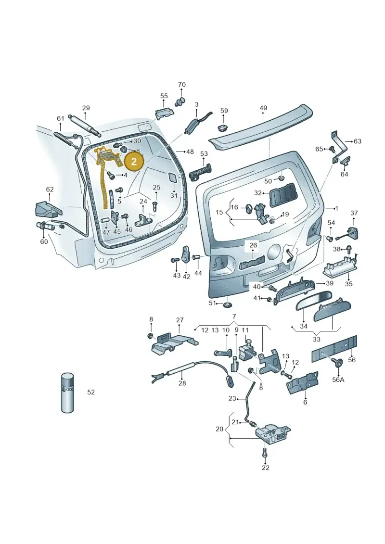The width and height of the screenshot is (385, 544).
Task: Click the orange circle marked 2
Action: click(x=134, y=161)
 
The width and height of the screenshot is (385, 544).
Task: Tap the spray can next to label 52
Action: click(x=68, y=393)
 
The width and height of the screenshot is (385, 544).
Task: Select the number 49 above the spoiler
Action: click(x=263, y=108)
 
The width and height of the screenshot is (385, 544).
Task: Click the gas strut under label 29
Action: click(x=85, y=125)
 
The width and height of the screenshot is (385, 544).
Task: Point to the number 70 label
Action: click(x=182, y=85)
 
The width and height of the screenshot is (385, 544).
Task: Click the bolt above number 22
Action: click(x=265, y=453)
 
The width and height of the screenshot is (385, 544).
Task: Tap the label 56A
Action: click(x=338, y=380)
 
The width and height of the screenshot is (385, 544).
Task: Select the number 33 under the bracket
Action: click(x=316, y=339)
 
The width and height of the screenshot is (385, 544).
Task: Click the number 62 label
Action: click(x=50, y=190)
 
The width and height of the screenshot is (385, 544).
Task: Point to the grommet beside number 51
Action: click(x=227, y=304)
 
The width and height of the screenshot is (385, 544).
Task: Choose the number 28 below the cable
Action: click(x=182, y=383)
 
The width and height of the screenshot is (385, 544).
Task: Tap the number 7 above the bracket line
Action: click(x=234, y=316)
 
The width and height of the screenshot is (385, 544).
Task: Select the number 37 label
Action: click(x=354, y=213)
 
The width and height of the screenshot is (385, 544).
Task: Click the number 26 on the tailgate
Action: click(x=253, y=245)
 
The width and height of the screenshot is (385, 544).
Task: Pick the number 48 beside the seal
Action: click(x=190, y=152)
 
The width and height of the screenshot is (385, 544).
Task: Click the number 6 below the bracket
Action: click(x=305, y=402)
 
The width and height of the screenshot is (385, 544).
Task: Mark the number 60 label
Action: click(x=44, y=241)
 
